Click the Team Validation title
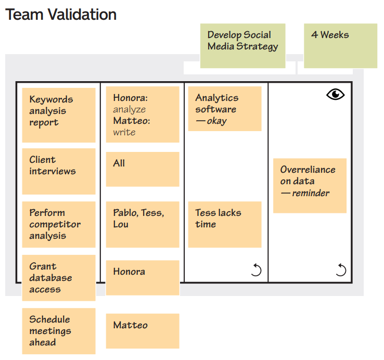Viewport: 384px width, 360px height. coord(61,14)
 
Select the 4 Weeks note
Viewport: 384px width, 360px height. coord(340,45)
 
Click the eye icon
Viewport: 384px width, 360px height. coord(336,94)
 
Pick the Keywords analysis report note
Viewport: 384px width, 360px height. coord(59,114)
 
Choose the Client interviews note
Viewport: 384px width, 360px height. coord(59,171)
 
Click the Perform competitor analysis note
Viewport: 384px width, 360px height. coord(59,224)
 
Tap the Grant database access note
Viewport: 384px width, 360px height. coord(59,277)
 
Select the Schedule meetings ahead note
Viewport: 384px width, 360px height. coord(59,331)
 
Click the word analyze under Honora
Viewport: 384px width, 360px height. coord(130,109)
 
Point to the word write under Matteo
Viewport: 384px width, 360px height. coord(124,132)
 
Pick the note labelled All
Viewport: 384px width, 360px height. coord(142,169)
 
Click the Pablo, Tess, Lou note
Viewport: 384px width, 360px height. coord(142,224)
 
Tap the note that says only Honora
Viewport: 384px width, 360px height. coord(142,277)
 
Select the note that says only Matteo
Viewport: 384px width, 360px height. coord(142,330)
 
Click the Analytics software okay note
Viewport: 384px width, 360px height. coord(224,109)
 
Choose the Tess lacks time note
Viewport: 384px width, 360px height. coord(224,224)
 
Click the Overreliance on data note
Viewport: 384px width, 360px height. coord(310,185)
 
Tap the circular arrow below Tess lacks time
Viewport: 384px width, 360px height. coord(256,269)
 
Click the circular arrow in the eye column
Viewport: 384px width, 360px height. coord(341,269)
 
